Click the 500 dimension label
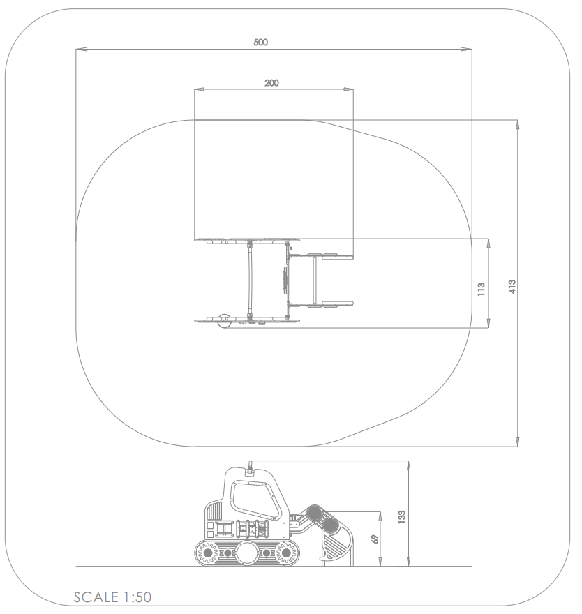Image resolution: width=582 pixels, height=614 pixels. [x=260, y=43]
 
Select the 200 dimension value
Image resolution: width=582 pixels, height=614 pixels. [x=271, y=83]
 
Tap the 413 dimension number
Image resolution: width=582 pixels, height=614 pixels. [x=512, y=286]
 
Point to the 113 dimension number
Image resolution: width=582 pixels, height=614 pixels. [x=482, y=289]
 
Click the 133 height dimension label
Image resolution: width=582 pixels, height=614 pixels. [x=401, y=517]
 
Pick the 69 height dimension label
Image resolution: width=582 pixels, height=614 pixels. [x=375, y=539]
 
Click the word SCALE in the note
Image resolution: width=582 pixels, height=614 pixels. [x=96, y=597]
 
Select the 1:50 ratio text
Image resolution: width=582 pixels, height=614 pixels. [x=137, y=597]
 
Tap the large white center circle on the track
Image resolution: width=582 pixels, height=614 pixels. [x=247, y=553]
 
